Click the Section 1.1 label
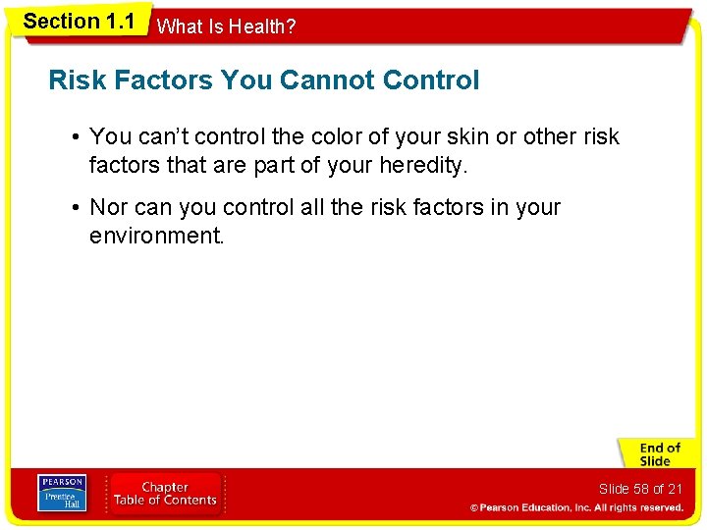coord(79,22)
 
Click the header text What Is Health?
coord(226,27)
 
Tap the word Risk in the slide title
coord(75,80)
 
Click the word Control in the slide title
coord(431,80)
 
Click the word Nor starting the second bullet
coord(107,207)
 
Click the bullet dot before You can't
coord(76,136)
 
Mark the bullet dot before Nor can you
coord(76,207)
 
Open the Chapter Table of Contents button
coord(165,494)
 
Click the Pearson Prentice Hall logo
coord(61,494)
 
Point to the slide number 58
coord(641,489)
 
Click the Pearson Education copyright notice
coord(575,507)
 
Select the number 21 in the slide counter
coord(674,489)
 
